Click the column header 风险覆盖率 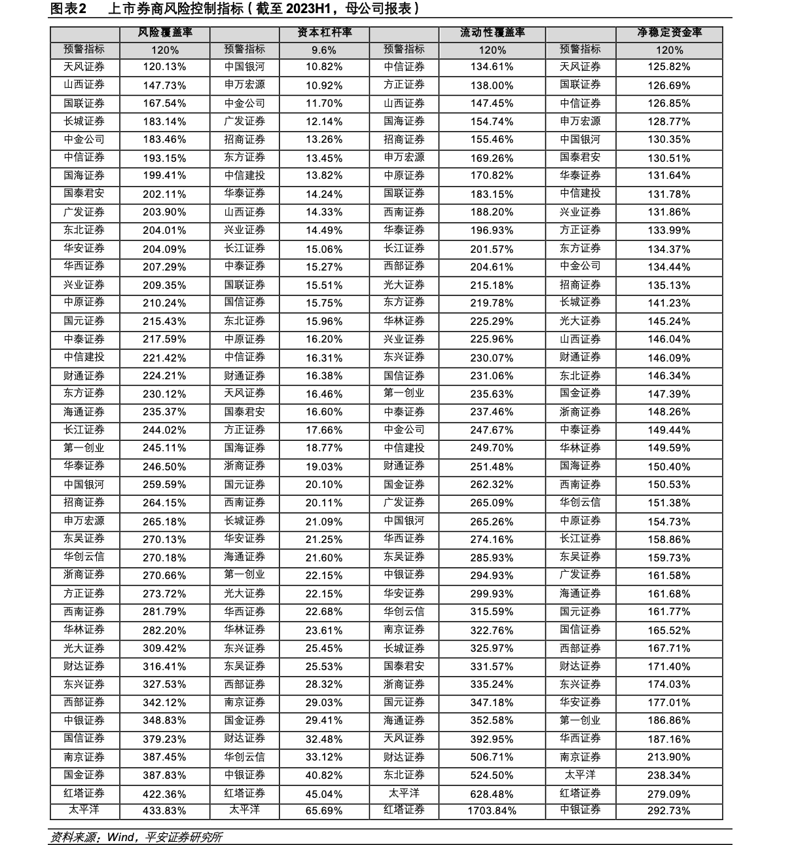point(164,33)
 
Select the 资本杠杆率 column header point(324,33)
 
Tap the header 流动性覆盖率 point(492,33)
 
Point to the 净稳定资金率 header point(669,33)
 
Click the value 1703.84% point(492,810)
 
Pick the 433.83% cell point(164,810)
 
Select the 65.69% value point(324,810)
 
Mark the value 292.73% point(669,810)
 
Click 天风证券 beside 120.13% point(84,67)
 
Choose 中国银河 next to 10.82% point(244,67)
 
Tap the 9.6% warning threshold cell point(324,50)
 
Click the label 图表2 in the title point(68,9)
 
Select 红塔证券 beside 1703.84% point(404,810)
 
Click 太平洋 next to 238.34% point(580,775)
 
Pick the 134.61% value point(492,67)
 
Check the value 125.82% point(669,67)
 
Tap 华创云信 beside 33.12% point(244,757)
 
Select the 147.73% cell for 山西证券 point(164,85)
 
